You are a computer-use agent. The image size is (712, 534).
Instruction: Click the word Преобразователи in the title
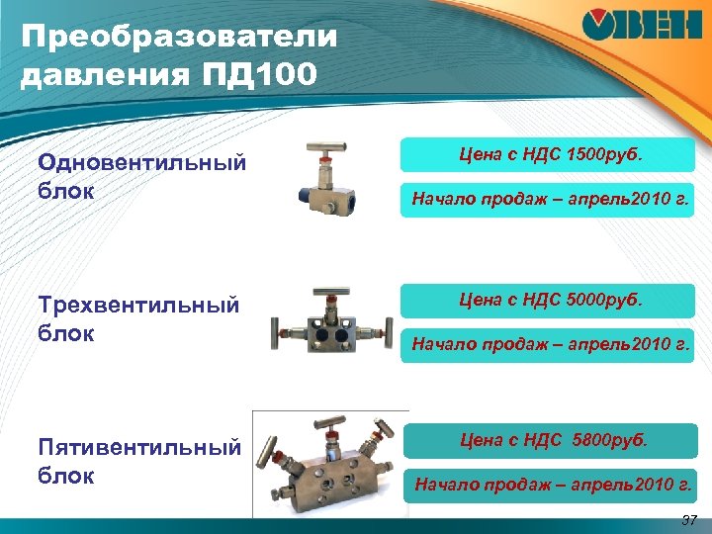click(179, 39)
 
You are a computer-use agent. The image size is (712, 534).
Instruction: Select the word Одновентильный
click(141, 164)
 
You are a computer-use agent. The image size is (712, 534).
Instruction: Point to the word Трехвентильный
click(138, 306)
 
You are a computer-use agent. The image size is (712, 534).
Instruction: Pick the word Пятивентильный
click(139, 449)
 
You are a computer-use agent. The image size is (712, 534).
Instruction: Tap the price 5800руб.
click(609, 440)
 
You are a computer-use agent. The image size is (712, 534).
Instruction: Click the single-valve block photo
click(331, 178)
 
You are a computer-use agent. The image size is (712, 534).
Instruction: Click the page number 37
click(689, 521)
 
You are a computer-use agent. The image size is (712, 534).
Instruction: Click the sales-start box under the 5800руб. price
click(553, 485)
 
